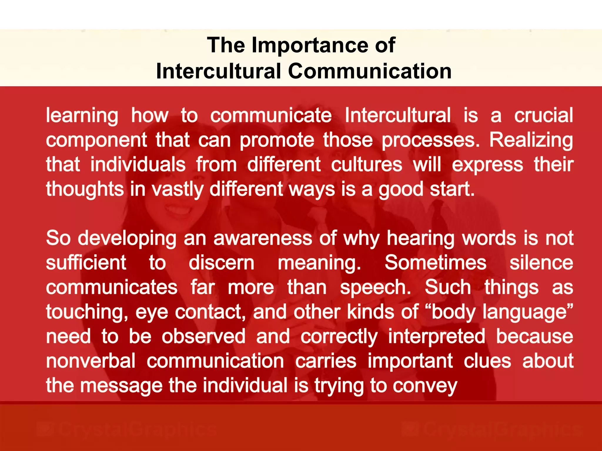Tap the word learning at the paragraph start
[82, 115]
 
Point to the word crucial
[543, 115]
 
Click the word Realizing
[531, 140]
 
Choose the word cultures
[367, 164]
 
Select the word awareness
[262, 238]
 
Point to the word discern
[221, 263]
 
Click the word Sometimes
[435, 262]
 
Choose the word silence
[541, 262]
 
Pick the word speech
[375, 287]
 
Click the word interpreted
[437, 336]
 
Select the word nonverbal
[91, 361]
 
